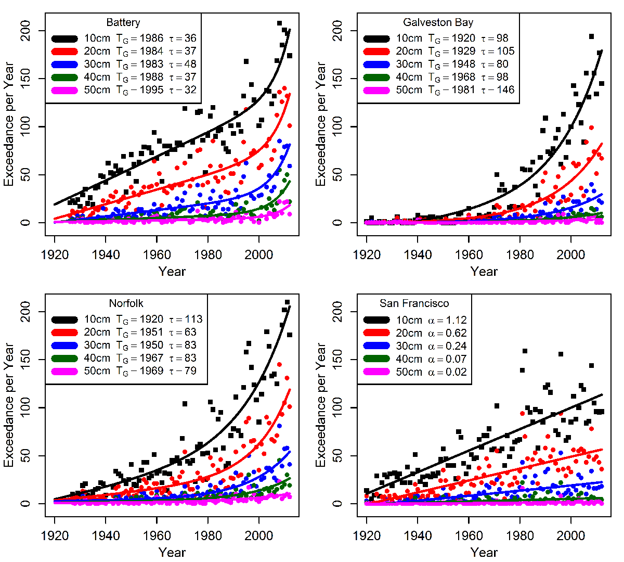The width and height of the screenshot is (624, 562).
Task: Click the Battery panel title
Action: click(123, 22)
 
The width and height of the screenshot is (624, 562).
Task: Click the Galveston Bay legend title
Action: click(438, 22)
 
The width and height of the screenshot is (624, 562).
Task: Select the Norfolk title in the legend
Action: click(126, 303)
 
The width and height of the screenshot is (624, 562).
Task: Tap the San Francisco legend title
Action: click(414, 303)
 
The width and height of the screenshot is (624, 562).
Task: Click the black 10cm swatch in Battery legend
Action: click(64, 39)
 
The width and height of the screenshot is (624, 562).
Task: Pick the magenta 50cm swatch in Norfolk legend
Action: click(64, 372)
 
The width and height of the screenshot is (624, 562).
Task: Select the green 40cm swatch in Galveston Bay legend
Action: click(376, 78)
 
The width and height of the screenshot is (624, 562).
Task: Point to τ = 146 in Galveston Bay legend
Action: click(498, 90)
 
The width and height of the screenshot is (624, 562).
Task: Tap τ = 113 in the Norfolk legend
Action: click(186, 320)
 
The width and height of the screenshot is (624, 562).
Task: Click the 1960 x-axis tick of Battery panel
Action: click(157, 254)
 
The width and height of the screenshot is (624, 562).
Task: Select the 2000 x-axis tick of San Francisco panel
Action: click(571, 535)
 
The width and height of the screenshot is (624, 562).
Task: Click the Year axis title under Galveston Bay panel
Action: click(484, 271)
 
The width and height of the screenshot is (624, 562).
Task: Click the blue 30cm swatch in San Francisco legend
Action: click(376, 346)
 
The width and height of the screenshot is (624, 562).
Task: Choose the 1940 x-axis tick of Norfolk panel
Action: click(106, 535)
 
